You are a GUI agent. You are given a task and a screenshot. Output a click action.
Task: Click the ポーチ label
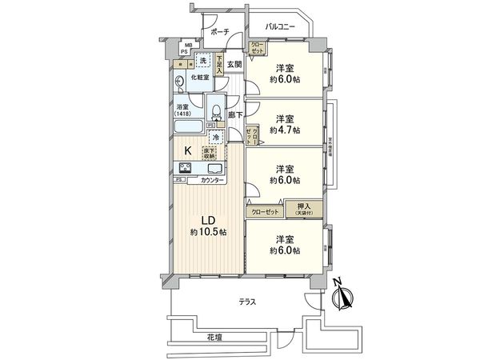tap(220, 31)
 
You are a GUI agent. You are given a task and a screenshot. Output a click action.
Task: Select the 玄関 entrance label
tap(234, 65)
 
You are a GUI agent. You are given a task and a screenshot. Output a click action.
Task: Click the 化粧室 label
tap(200, 78)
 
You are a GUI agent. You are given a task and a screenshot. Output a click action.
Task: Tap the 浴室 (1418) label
tap(183, 110)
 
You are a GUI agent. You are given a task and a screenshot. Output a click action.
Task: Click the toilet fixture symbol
tap(216, 107)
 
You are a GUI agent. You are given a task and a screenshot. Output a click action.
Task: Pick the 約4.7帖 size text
tap(285, 129)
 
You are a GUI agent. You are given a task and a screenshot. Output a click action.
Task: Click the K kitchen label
tap(189, 150)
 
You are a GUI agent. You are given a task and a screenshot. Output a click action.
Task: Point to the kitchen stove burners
tap(186, 168)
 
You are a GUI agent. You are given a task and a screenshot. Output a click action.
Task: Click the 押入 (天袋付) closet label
tap(305, 209)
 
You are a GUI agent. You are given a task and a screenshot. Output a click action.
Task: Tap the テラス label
tap(246, 302)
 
